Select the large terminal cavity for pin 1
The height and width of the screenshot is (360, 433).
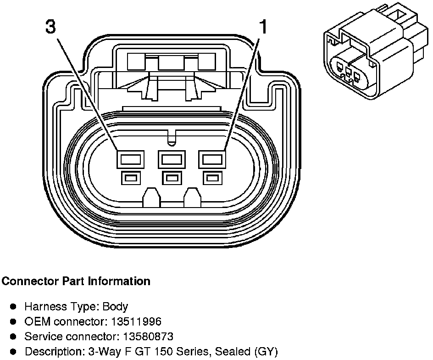coord(212,160)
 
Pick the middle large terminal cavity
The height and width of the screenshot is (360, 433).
coord(172,160)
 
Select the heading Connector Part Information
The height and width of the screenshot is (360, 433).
coord(76,281)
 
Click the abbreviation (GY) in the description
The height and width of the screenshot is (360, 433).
coord(266,352)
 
